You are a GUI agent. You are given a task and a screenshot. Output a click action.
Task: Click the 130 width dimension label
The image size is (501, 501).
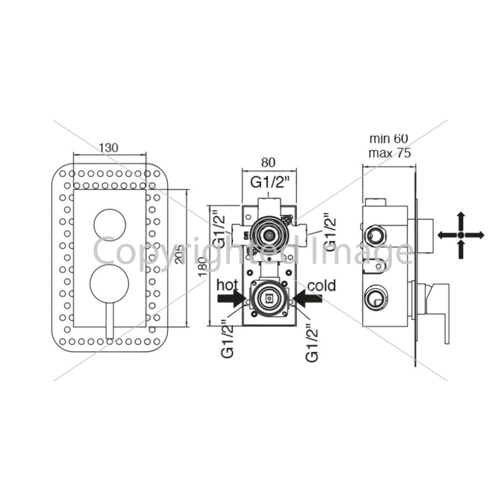coord(108,148)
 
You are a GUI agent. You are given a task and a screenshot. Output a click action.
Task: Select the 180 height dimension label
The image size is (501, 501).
coord(202,267)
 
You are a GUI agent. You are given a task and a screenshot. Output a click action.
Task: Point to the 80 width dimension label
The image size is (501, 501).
coord(268,163)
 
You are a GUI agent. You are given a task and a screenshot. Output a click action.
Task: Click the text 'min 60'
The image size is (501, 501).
coord(389,139)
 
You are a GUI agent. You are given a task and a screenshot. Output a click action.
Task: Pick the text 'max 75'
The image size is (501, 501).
coord(389,153)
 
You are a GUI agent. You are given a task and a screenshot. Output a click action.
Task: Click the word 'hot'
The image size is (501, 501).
coord(227,285)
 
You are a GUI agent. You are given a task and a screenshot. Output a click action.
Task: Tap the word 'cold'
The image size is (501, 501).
coord(322,286)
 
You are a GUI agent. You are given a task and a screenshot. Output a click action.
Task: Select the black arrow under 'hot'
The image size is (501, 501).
coord(231,299)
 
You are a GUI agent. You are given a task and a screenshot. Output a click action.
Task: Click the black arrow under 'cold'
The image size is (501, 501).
coord(307,299)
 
